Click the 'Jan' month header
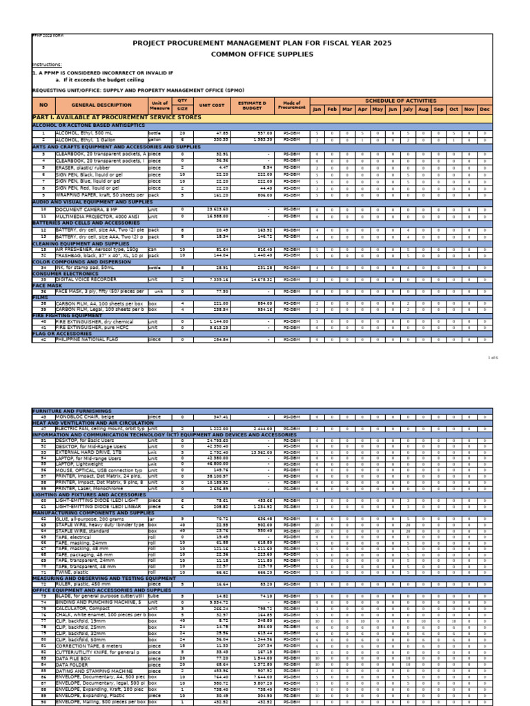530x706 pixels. [x=317, y=109]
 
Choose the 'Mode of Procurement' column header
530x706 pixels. [x=291, y=105]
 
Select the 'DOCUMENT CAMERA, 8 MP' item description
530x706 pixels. [x=86, y=208]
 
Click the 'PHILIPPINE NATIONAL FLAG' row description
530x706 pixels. [x=88, y=339]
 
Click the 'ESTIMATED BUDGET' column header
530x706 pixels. [x=251, y=105]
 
